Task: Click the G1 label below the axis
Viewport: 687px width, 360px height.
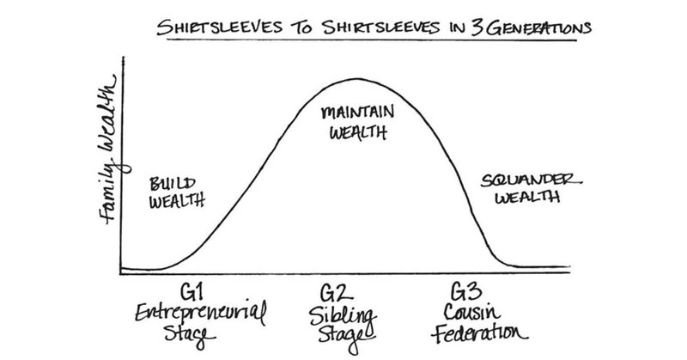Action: coord(192,288)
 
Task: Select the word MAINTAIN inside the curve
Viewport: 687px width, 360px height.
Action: coord(350,113)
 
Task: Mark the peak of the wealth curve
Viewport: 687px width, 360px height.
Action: coord(350,79)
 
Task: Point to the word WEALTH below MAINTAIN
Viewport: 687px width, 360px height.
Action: coord(350,133)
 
